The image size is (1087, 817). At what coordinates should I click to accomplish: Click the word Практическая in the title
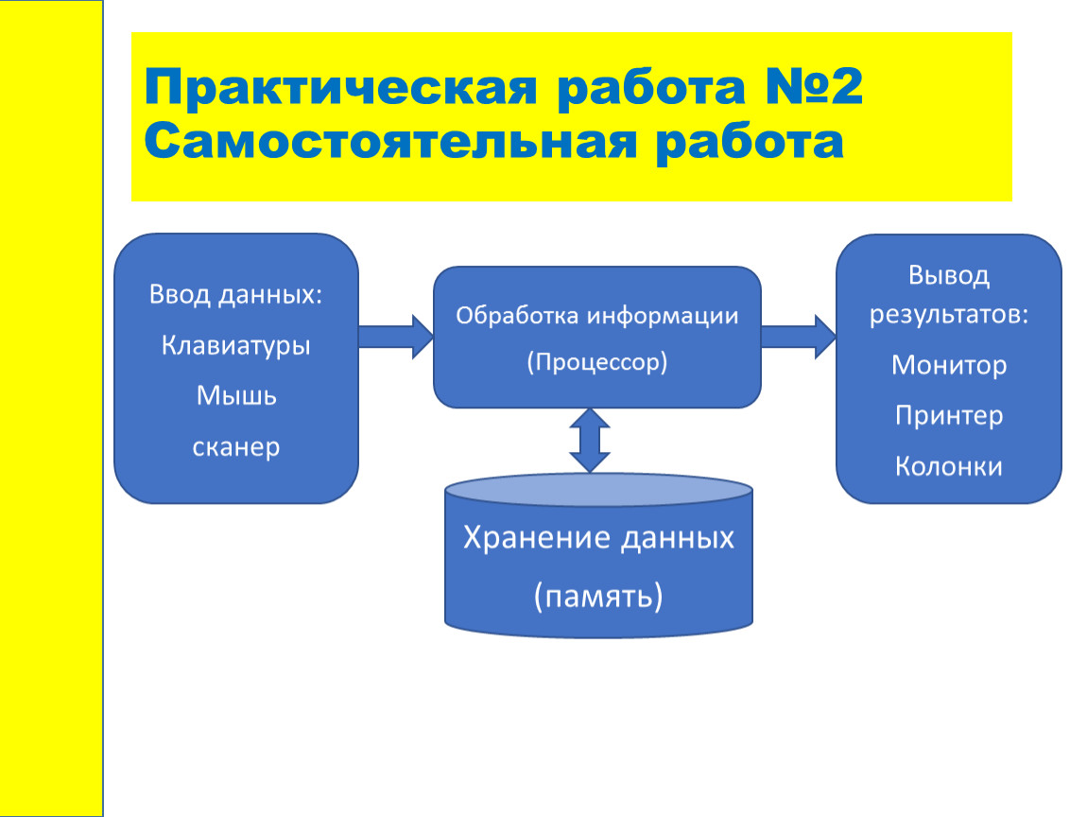click(x=340, y=88)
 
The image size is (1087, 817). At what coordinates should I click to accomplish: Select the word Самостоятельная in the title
click(x=390, y=142)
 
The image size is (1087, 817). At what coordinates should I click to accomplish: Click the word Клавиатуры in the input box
click(x=235, y=345)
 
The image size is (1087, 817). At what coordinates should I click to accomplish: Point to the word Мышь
click(x=236, y=395)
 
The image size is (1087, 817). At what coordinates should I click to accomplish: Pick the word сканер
click(x=235, y=447)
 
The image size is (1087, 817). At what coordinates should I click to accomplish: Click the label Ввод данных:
click(x=235, y=294)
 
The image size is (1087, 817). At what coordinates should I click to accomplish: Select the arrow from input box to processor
click(x=396, y=337)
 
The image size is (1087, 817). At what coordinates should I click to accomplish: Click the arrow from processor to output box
click(x=799, y=337)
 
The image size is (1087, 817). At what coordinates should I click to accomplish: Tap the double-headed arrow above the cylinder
click(x=590, y=441)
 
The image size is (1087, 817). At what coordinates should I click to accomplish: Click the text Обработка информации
click(x=596, y=316)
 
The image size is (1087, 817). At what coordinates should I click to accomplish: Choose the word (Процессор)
click(x=596, y=362)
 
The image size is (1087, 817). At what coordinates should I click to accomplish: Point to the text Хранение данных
click(x=598, y=537)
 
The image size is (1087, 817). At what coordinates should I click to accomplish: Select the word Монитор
click(x=949, y=365)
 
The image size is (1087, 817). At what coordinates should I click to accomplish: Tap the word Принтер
click(x=949, y=415)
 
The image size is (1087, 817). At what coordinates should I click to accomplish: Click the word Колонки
click(x=949, y=466)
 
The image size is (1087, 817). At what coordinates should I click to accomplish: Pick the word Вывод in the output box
click(x=949, y=275)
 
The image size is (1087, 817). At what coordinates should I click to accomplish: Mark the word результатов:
click(x=949, y=315)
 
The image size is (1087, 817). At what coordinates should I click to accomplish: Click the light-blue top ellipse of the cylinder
click(x=598, y=490)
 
